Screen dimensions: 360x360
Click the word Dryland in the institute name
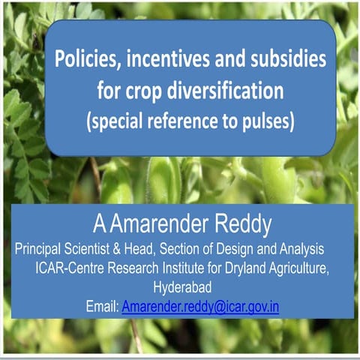tap(242, 268)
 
